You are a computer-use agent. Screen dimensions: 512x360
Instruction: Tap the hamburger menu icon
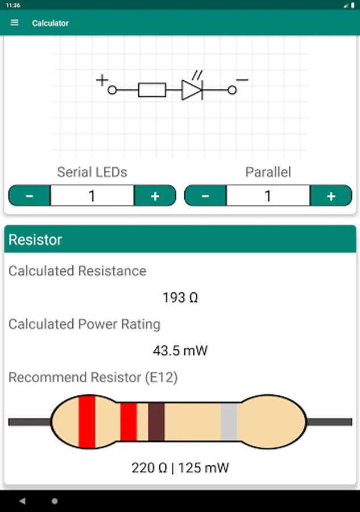15,23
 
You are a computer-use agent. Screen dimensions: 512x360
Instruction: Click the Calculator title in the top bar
50,23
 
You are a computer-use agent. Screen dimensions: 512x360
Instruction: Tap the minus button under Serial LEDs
30,196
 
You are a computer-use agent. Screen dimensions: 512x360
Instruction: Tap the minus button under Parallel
205,196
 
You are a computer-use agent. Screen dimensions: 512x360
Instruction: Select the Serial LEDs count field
92,196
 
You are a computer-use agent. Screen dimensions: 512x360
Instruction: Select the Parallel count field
268,196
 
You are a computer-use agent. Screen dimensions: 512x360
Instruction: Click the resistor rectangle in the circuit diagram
152,90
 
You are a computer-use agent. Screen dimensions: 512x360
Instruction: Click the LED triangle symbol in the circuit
191,90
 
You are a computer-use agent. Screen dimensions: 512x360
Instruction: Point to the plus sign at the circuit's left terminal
102,80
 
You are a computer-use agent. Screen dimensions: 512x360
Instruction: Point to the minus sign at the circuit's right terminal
242,80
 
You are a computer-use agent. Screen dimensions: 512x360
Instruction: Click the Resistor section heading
35,240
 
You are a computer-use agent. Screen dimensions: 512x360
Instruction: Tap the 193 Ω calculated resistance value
180,298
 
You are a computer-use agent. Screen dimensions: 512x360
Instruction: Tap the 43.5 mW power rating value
180,350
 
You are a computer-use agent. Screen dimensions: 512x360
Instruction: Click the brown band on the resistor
156,422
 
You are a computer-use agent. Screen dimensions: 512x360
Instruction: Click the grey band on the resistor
229,422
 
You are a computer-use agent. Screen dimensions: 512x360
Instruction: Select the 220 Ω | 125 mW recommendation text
180,468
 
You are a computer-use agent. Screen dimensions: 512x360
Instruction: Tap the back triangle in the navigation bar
23,501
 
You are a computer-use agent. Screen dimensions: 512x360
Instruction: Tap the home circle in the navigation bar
55,501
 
